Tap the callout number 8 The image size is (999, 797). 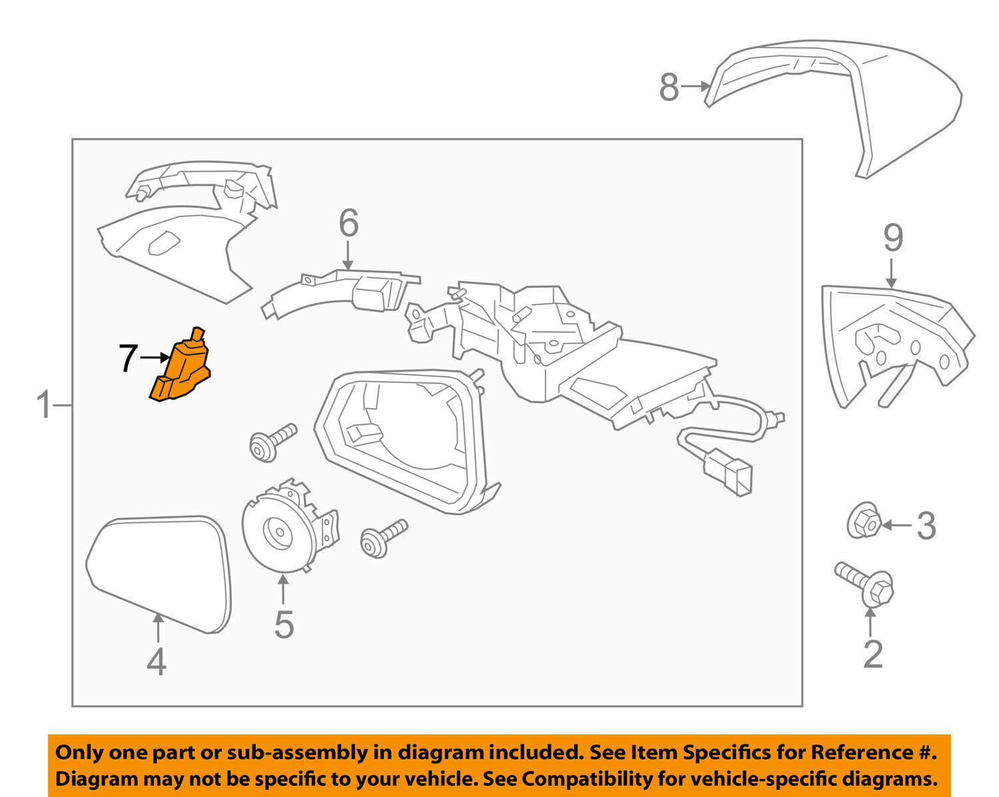click(x=669, y=87)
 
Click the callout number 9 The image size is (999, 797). click(x=892, y=238)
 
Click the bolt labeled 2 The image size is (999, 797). click(x=866, y=584)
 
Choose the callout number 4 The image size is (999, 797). click(x=156, y=663)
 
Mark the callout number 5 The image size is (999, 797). click(x=284, y=624)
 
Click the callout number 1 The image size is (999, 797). click(x=44, y=405)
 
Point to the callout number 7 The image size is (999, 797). click(x=129, y=358)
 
